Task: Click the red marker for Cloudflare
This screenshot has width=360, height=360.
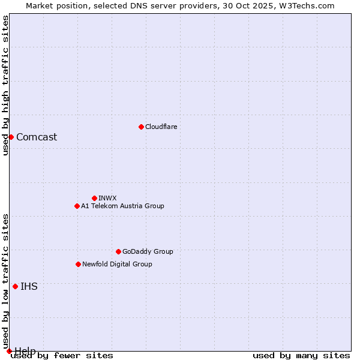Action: (x=141, y=127)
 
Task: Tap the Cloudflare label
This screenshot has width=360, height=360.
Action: (x=161, y=127)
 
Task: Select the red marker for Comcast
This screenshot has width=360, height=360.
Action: (x=11, y=137)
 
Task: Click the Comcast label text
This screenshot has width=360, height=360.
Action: (x=37, y=137)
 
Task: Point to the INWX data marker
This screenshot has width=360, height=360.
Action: (x=94, y=198)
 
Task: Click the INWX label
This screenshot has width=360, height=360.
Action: (x=107, y=198)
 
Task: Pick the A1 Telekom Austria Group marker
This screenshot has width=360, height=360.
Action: (x=77, y=206)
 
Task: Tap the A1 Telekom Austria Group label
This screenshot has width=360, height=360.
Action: (x=122, y=206)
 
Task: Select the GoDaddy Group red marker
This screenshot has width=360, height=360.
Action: (x=118, y=251)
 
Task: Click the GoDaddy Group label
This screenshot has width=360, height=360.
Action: (x=148, y=251)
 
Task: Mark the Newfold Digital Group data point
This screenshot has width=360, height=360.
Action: (x=78, y=264)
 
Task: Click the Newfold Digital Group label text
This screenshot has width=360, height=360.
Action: (x=117, y=264)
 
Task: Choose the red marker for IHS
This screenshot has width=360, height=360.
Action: (x=15, y=286)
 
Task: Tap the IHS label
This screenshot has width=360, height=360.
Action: (x=29, y=286)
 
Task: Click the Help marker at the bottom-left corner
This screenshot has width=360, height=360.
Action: (x=9, y=351)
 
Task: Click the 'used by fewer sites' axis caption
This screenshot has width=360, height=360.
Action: (x=62, y=356)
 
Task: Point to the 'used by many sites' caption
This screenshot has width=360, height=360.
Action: (x=301, y=356)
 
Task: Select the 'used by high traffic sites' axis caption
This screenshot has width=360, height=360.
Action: (x=5, y=85)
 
